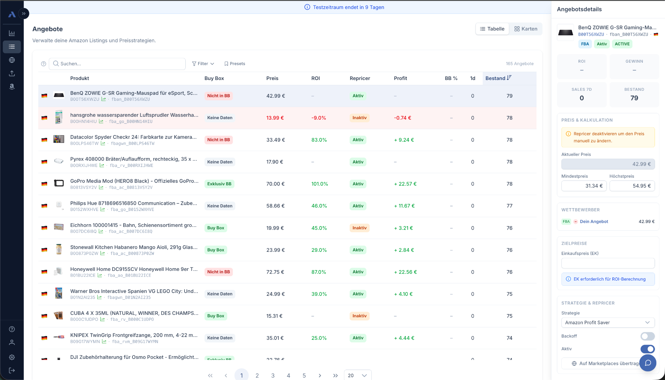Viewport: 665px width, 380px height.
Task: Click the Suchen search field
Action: (x=118, y=64)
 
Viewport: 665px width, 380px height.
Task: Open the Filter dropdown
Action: (x=203, y=64)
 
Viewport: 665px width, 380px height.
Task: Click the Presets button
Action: (x=234, y=64)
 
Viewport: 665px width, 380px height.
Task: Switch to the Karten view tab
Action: (x=525, y=29)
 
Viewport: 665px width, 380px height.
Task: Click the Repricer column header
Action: (x=360, y=78)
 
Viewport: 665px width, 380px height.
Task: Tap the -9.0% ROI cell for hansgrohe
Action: (x=319, y=118)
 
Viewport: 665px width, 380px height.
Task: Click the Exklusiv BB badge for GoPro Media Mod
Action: (x=219, y=184)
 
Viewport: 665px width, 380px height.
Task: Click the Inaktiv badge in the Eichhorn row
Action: (x=359, y=228)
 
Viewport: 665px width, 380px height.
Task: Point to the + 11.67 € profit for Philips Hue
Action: (x=404, y=206)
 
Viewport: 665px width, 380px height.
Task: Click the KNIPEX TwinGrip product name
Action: (x=134, y=335)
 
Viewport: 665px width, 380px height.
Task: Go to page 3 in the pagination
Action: (x=273, y=375)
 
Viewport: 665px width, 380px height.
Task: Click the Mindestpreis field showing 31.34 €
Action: (x=584, y=186)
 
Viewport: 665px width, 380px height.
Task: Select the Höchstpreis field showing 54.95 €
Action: (x=632, y=186)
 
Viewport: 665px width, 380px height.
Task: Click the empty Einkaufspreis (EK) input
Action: (x=608, y=263)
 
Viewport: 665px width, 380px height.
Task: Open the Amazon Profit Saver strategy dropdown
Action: (x=608, y=322)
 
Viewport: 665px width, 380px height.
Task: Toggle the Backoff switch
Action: (x=647, y=336)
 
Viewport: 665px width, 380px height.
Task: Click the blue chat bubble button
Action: (x=648, y=363)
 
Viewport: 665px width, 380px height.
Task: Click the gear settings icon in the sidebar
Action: (x=12, y=357)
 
